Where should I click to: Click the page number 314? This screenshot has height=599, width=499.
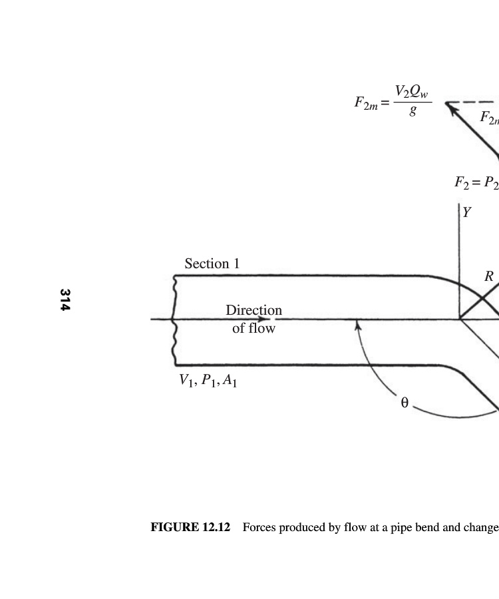65,299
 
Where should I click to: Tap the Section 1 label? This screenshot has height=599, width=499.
212,264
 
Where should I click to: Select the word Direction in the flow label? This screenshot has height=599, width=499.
254,309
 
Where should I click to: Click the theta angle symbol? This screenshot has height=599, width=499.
405,403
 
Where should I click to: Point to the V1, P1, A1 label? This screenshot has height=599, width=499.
208,381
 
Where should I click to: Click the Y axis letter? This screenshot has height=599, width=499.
466,212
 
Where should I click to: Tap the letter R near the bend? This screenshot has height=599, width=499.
489,276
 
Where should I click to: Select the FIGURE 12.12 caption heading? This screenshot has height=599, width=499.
190,527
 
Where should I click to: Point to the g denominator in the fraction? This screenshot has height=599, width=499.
413,110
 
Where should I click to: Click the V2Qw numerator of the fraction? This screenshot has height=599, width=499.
412,92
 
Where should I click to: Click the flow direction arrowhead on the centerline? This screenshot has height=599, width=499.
263,319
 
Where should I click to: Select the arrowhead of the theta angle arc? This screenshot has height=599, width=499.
357,325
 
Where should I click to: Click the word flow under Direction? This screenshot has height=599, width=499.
261,328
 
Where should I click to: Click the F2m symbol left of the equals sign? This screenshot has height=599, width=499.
366,103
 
